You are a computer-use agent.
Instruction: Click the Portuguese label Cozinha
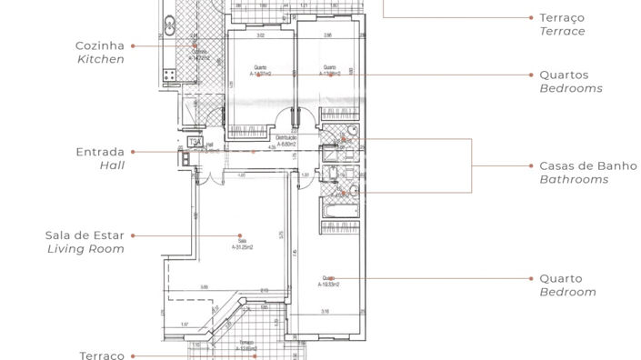coord(100,45)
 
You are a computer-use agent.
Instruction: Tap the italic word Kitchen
coord(100,58)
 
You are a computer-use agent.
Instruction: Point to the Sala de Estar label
coord(85,235)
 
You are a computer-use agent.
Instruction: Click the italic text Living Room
coord(85,248)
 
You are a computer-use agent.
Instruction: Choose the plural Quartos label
coord(564,75)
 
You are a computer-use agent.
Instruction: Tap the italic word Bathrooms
coord(574,180)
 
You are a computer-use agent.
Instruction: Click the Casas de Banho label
coord(574,166)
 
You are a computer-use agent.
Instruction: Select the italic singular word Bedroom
coord(567,292)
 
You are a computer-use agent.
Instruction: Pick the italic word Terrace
coord(562,31)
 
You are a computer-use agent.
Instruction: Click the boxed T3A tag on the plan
coord(194,143)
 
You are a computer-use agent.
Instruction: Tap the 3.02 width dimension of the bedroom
coord(260,36)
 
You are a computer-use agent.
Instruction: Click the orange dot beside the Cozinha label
coord(133,45)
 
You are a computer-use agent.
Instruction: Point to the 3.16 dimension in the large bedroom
coord(324,311)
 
